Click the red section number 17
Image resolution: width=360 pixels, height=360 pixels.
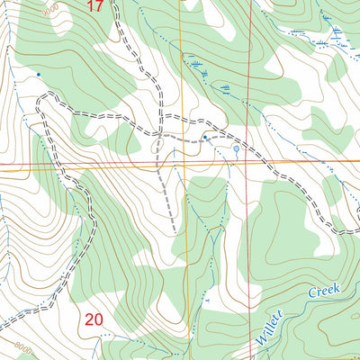[x=96, y=6]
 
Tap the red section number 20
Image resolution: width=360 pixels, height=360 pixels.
[x=94, y=319]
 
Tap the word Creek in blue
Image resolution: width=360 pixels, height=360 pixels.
[x=325, y=292]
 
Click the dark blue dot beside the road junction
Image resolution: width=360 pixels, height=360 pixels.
[x=205, y=138]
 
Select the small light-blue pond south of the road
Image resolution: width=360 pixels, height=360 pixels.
[x=236, y=148]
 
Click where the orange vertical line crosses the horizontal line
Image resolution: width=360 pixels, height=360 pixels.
[x=181, y=164]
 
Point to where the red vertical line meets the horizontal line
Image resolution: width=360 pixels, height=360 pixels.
[x=248, y=163]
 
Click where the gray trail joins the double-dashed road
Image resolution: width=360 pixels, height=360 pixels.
[x=159, y=136]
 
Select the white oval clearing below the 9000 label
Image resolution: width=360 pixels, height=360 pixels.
[x=62, y=24]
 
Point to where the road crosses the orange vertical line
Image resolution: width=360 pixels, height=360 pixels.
[x=180, y=119]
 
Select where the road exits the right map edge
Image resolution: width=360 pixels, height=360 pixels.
[x=357, y=231]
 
